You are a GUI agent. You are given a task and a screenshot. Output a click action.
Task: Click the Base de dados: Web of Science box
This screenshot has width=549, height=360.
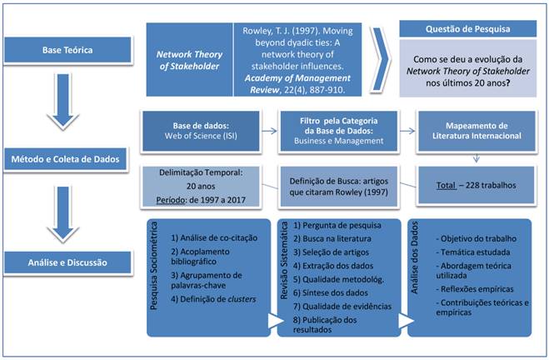197,130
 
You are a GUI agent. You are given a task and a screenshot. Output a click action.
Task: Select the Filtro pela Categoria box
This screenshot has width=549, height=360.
334,130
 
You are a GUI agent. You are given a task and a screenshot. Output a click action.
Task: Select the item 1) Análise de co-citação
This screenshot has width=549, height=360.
208,238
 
